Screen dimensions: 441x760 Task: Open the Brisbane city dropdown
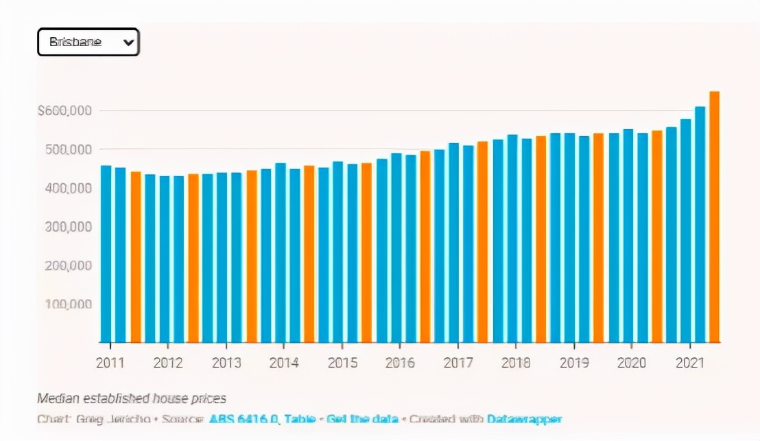pos(88,42)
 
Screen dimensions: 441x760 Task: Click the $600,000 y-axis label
pos(65,111)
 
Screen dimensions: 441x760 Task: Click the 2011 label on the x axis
pos(110,363)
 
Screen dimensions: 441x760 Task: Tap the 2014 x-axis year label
pos(284,363)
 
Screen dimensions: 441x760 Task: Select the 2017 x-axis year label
pos(458,363)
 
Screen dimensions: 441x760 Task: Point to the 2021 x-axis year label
pos(689,363)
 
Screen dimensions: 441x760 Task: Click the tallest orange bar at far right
pos(714,216)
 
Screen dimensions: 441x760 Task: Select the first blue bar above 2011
pos(106,254)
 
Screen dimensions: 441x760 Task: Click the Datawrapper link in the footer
pos(524,418)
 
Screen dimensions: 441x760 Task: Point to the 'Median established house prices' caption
pos(132,398)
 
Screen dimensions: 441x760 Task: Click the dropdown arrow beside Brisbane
pos(128,42)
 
